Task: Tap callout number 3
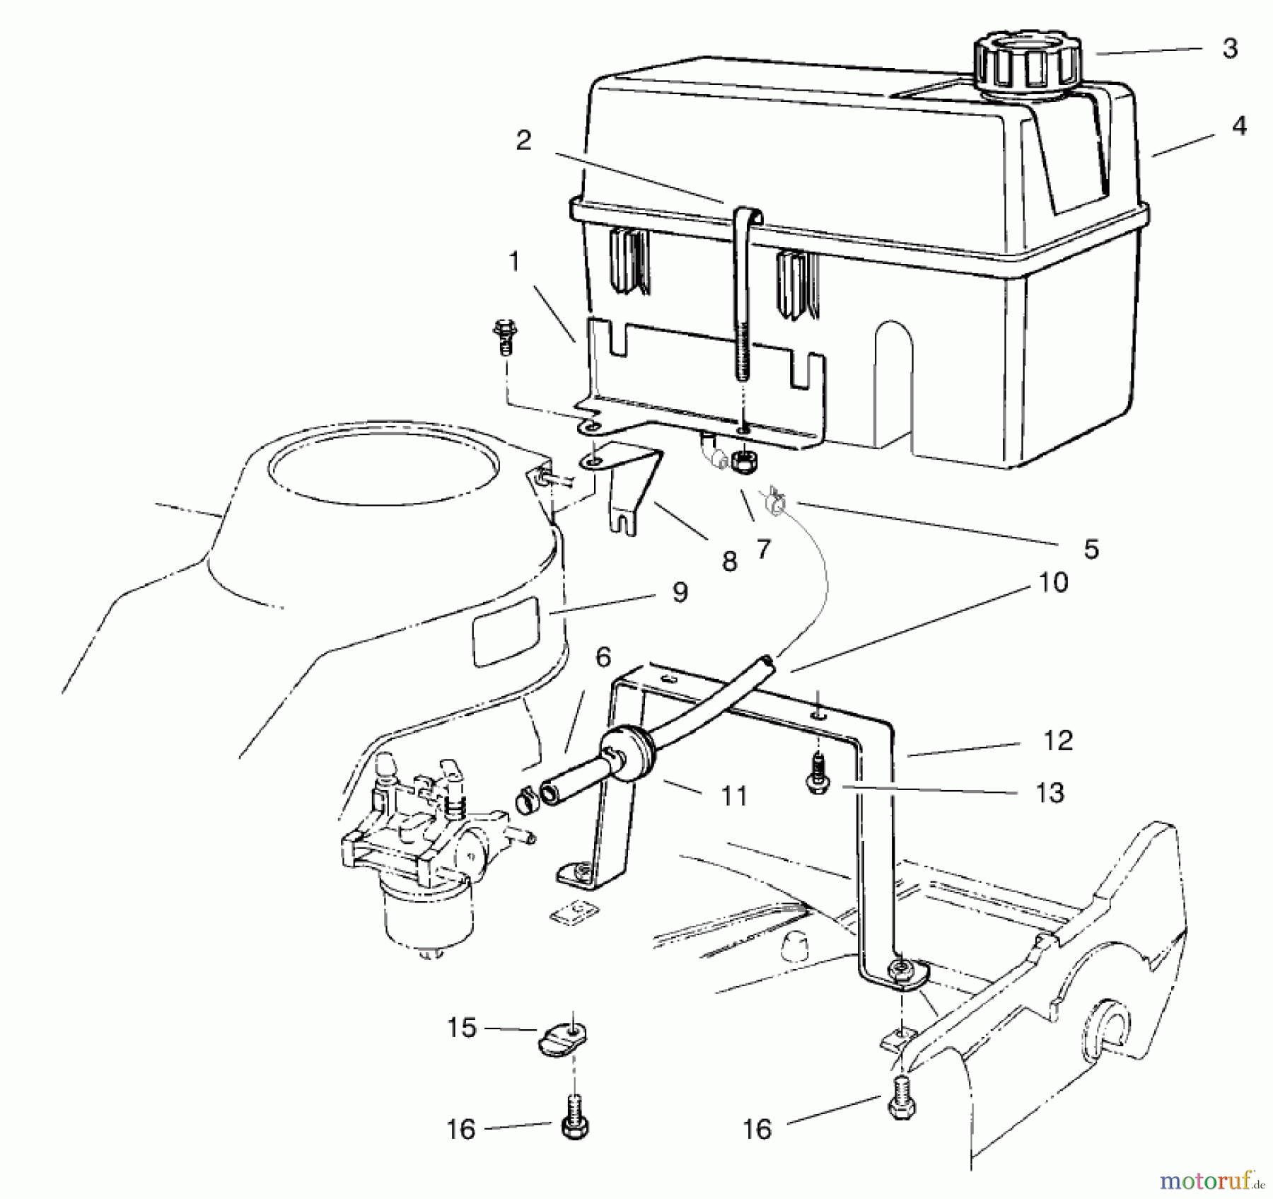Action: (1230, 48)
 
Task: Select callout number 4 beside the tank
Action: (1238, 126)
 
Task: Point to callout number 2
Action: (523, 140)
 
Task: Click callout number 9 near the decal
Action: (680, 593)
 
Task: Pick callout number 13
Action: (1050, 792)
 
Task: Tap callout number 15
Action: (462, 1028)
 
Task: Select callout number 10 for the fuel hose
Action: (1053, 583)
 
